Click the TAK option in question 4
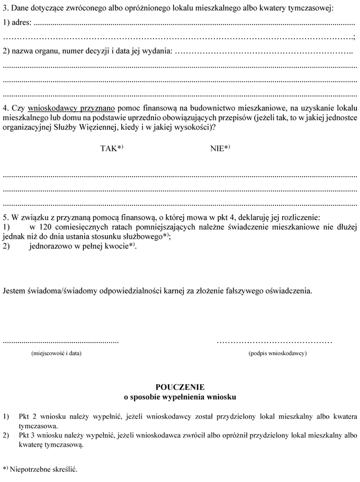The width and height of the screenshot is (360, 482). click(109, 148)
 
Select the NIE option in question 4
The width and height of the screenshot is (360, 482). click(218, 148)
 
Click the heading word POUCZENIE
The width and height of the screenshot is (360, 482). click(180, 387)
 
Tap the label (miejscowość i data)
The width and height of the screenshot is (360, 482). click(57, 353)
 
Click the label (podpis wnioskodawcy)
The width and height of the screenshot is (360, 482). click(278, 353)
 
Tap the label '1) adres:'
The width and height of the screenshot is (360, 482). click(17, 23)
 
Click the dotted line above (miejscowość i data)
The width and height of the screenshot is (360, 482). click(61, 342)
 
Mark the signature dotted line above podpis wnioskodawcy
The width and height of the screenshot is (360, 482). click(274, 342)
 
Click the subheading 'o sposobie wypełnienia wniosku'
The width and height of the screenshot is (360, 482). click(180, 397)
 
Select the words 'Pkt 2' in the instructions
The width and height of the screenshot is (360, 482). click(27, 417)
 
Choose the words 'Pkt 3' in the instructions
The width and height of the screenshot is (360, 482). click(27, 436)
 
